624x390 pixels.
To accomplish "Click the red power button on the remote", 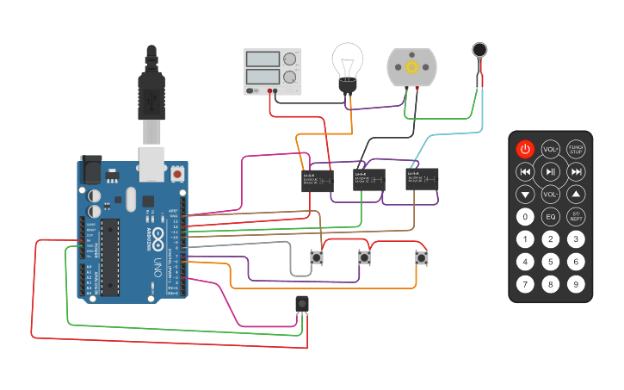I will (525, 149).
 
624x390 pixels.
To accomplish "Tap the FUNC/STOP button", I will (577, 149).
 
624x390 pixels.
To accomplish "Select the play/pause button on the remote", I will (551, 172).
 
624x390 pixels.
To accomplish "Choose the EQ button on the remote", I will (551, 217).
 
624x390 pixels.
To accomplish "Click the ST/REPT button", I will (577, 217).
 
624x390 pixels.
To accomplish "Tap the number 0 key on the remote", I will (525, 217).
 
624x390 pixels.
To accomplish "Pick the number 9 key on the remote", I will (577, 283).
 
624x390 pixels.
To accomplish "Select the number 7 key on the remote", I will (525, 283).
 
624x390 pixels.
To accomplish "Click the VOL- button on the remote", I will (551, 195).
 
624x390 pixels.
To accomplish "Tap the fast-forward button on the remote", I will (577, 172).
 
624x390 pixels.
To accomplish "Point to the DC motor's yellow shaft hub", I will (411, 67).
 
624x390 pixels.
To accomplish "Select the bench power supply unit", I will (274, 71).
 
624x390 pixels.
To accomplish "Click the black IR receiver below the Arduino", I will (302, 304).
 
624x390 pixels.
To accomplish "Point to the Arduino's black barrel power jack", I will (92, 170).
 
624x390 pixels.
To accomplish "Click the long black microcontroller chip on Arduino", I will (110, 257).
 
